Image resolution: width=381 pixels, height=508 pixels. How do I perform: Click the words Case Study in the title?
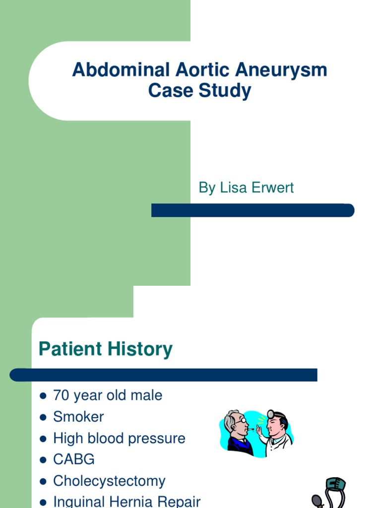pyautogui.click(x=199, y=91)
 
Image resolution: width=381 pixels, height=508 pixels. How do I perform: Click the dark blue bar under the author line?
pyautogui.click(x=253, y=210)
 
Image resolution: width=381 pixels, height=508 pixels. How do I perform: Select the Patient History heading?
pyautogui.click(x=106, y=349)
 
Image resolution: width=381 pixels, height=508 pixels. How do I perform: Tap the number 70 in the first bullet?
pyautogui.click(x=62, y=395)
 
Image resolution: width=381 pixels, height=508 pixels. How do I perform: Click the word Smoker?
pyautogui.click(x=78, y=417)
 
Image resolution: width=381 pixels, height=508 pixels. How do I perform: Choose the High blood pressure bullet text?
pyautogui.click(x=119, y=438)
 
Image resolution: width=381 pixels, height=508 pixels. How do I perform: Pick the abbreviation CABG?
pyautogui.click(x=73, y=459)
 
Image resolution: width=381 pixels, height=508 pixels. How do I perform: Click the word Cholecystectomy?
pyautogui.click(x=109, y=481)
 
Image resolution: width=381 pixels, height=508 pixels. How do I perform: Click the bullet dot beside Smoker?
pyautogui.click(x=43, y=417)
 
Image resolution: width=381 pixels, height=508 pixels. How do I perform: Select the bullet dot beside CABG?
pyautogui.click(x=43, y=460)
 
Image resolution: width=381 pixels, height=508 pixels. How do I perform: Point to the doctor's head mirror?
pyautogui.click(x=271, y=414)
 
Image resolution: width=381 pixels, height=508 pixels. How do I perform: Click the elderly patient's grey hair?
pyautogui.click(x=229, y=419)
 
